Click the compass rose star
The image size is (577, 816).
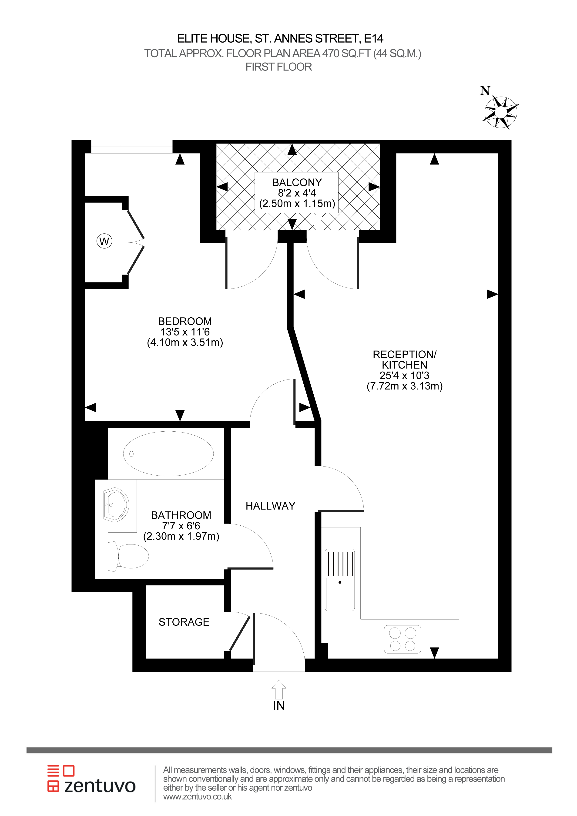(501, 112)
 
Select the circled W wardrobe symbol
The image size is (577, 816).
(104, 241)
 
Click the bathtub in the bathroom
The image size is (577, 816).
(168, 454)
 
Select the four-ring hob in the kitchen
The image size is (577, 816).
(403, 639)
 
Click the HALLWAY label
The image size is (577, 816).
(270, 506)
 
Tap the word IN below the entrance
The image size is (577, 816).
(279, 706)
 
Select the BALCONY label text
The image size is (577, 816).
(297, 182)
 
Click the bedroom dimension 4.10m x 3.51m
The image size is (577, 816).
(185, 343)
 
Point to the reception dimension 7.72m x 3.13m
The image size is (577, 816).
(405, 386)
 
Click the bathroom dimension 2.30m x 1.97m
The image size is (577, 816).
(181, 536)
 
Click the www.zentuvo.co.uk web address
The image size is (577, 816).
(198, 796)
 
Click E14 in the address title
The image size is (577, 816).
(374, 38)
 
